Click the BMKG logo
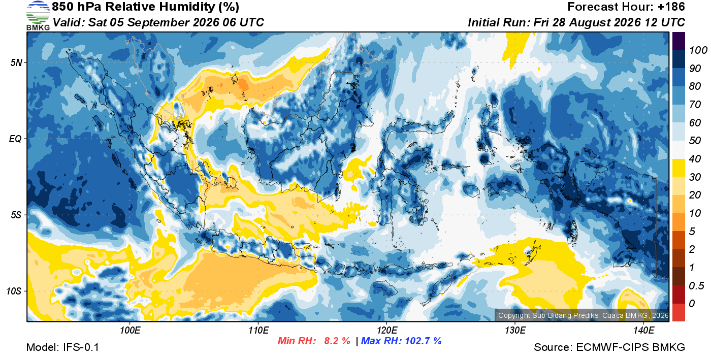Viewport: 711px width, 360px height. pos(38,16)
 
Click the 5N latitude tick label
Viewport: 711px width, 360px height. pos(16,62)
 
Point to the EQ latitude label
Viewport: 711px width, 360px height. pos(16,139)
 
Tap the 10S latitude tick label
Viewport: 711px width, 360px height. pos(14,291)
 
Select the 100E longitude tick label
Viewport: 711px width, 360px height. pos(130,331)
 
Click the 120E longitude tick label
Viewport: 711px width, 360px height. pos(387,331)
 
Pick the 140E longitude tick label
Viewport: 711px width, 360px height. pos(644,331)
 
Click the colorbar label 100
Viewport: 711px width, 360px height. pos(698,50)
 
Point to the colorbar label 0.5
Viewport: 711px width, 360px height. pos(697,286)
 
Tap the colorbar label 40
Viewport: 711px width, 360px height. pos(695,159)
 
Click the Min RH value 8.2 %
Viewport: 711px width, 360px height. pos(337,341)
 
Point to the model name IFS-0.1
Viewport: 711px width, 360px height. pos(81,347)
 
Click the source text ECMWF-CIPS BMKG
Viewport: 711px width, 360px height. pos(630,347)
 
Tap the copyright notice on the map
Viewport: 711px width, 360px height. pos(583,315)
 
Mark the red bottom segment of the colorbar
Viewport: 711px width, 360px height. pos(678,312)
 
